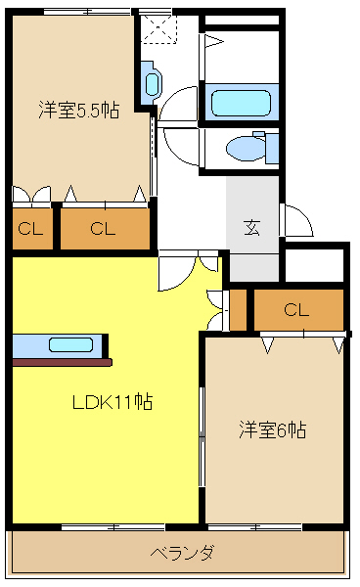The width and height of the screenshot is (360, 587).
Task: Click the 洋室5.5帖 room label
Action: point(79,111)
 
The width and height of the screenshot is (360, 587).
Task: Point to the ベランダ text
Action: point(182,553)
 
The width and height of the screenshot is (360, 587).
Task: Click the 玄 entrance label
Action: point(251,228)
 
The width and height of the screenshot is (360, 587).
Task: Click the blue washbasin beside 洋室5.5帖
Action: point(152,81)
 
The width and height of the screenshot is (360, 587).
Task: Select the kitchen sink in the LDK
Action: point(70,344)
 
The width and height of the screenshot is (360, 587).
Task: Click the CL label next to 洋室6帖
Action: point(297,310)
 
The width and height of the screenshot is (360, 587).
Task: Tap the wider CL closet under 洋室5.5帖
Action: point(105,230)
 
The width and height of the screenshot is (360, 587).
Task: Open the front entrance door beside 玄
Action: point(295,220)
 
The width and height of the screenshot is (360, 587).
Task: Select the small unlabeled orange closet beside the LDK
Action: point(238,309)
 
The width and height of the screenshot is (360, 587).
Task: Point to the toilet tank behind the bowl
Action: point(272,148)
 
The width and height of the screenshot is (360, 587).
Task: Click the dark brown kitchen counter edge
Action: point(59,361)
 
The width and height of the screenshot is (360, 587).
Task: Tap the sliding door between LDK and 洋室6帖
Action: point(202,435)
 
